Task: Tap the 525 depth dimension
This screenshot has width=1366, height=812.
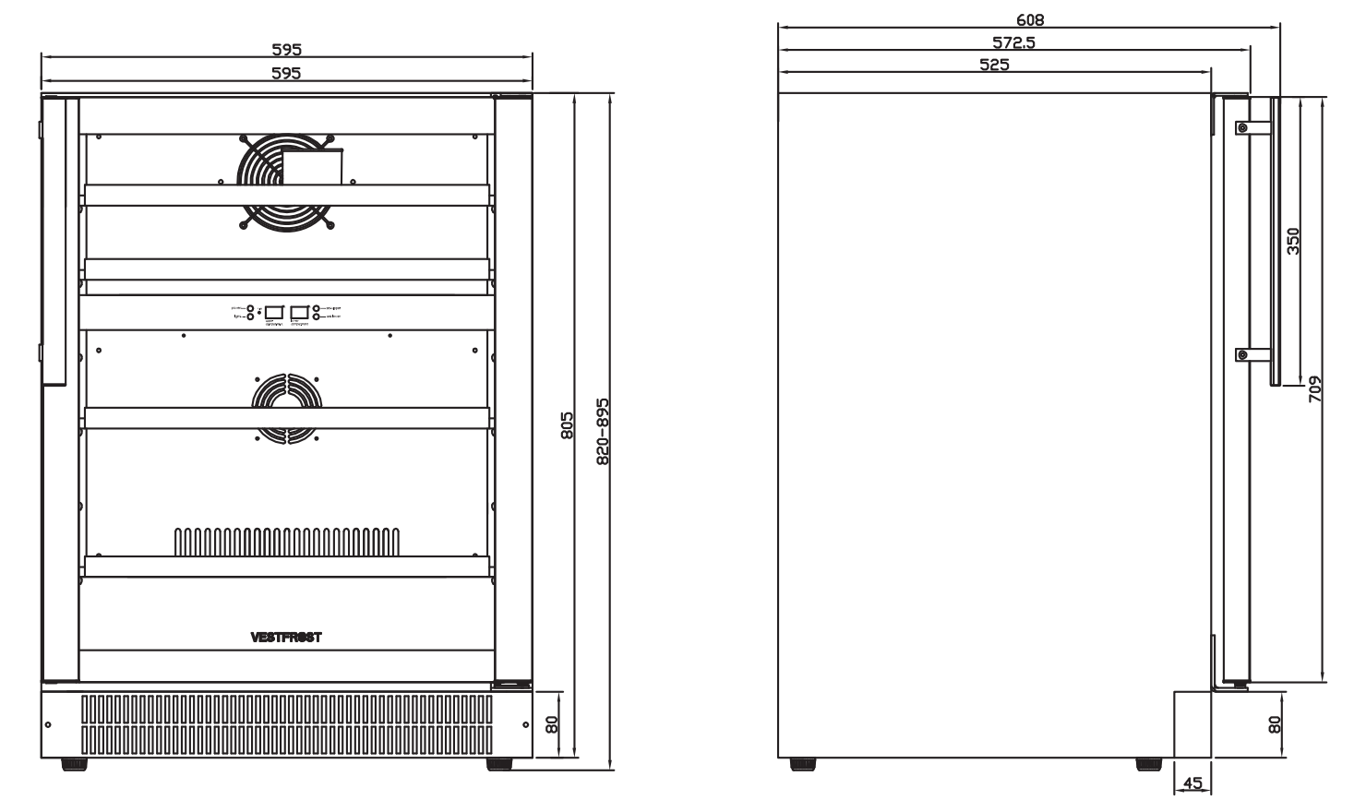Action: [994, 65]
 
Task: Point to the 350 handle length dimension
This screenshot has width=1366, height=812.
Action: [1293, 241]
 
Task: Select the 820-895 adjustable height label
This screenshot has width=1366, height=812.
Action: [603, 431]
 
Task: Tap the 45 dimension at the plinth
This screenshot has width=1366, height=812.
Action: [1192, 783]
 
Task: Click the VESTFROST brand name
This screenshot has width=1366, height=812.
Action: [285, 637]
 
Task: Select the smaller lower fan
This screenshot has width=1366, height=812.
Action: [285, 406]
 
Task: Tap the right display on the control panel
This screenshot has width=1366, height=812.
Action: [299, 312]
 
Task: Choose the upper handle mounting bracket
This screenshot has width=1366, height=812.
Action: [1244, 127]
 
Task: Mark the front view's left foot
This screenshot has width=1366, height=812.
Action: [75, 764]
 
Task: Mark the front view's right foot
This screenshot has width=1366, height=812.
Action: [499, 764]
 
